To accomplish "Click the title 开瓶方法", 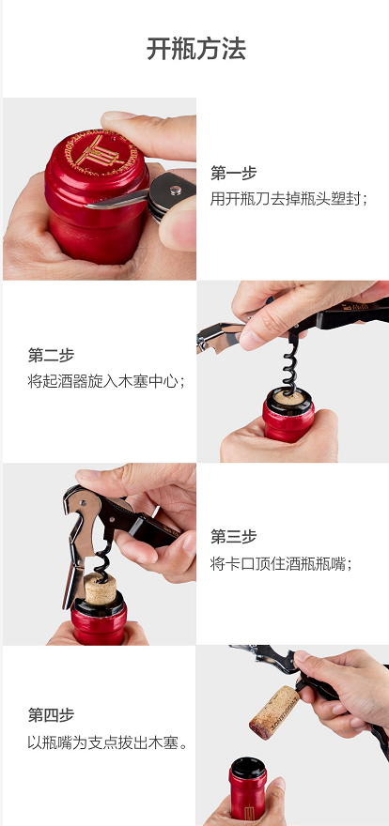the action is (196, 50).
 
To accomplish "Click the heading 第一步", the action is (234, 173).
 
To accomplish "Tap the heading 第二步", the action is (51, 355).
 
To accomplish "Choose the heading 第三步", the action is (234, 537).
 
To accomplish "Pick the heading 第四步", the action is (51, 715).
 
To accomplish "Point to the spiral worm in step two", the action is (288, 365).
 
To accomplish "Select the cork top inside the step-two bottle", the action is (289, 398).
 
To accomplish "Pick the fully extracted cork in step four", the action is (274, 711).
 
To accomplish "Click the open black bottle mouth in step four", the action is (248, 768).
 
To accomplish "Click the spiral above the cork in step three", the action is (102, 558).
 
